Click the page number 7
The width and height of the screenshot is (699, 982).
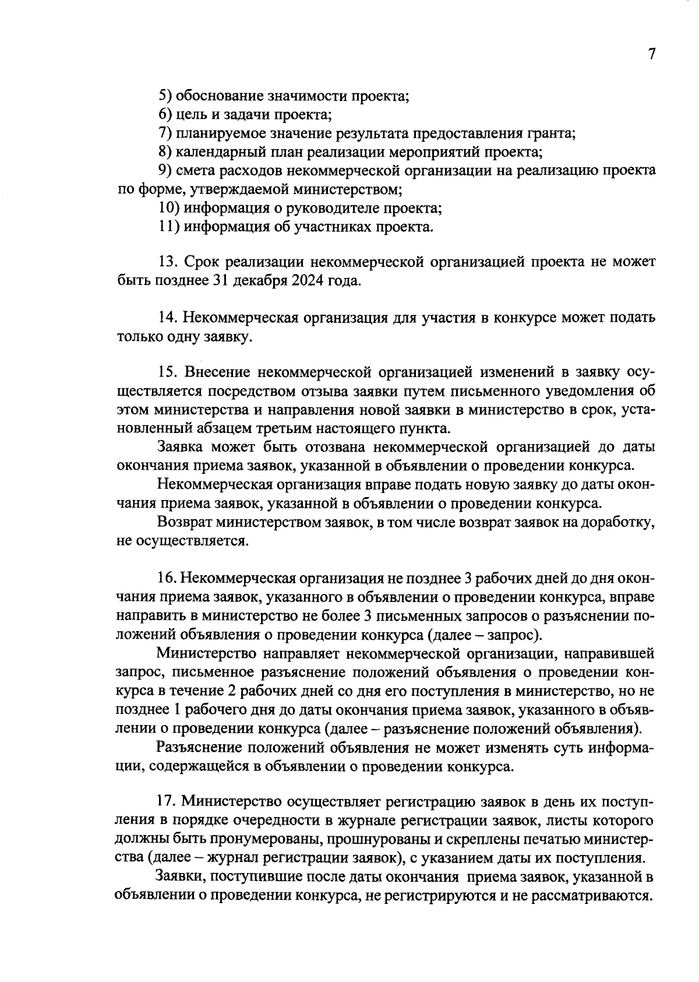pos(651,54)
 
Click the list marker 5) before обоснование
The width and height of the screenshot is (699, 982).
pos(165,96)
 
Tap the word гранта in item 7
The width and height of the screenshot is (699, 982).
pos(552,133)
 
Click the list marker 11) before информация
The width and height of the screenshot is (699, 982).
pos(169,227)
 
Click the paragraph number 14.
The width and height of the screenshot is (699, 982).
pos(168,318)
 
